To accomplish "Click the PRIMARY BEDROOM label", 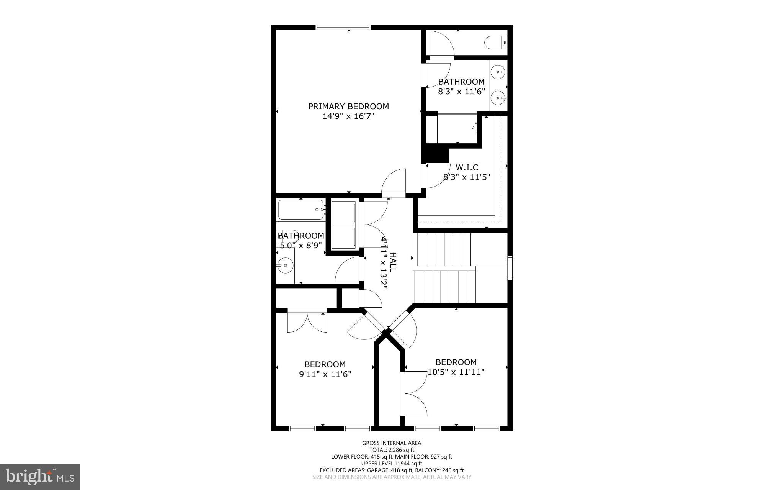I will click(x=348, y=106).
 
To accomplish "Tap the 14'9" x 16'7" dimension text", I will click(x=348, y=116).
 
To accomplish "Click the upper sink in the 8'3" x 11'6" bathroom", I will click(x=498, y=72).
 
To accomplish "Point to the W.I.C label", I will click(x=467, y=167).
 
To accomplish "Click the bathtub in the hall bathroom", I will click(x=301, y=210).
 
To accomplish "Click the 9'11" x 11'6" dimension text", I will click(x=325, y=374).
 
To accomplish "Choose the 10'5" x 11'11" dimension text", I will click(x=456, y=372).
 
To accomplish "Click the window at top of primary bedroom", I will click(x=343, y=28).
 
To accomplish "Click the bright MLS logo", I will click(x=40, y=477).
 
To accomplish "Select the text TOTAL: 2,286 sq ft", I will click(x=392, y=450).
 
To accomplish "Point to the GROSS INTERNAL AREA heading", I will click(x=392, y=443).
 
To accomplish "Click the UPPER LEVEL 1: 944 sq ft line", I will click(x=392, y=463).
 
